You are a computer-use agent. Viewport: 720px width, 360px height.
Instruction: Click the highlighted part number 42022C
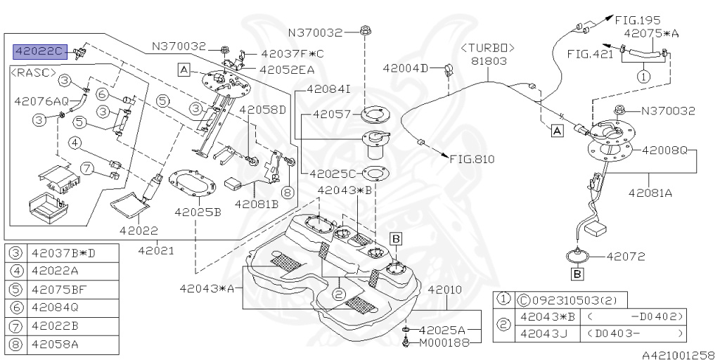tap(39, 51)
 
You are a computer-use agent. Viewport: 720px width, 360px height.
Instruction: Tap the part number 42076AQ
tap(41, 101)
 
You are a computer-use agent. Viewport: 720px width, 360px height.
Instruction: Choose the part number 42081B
tap(257, 204)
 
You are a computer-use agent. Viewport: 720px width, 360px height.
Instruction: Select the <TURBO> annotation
tap(487, 47)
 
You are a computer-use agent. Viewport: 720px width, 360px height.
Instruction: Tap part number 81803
tap(487, 61)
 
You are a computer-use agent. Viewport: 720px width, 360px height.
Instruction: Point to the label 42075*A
tap(651, 33)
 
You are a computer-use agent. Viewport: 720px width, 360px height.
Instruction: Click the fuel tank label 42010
tap(444, 289)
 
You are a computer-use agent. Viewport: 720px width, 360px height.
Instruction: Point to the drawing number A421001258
tap(677, 354)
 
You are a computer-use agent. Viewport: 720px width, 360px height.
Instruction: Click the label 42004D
tap(404, 68)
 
